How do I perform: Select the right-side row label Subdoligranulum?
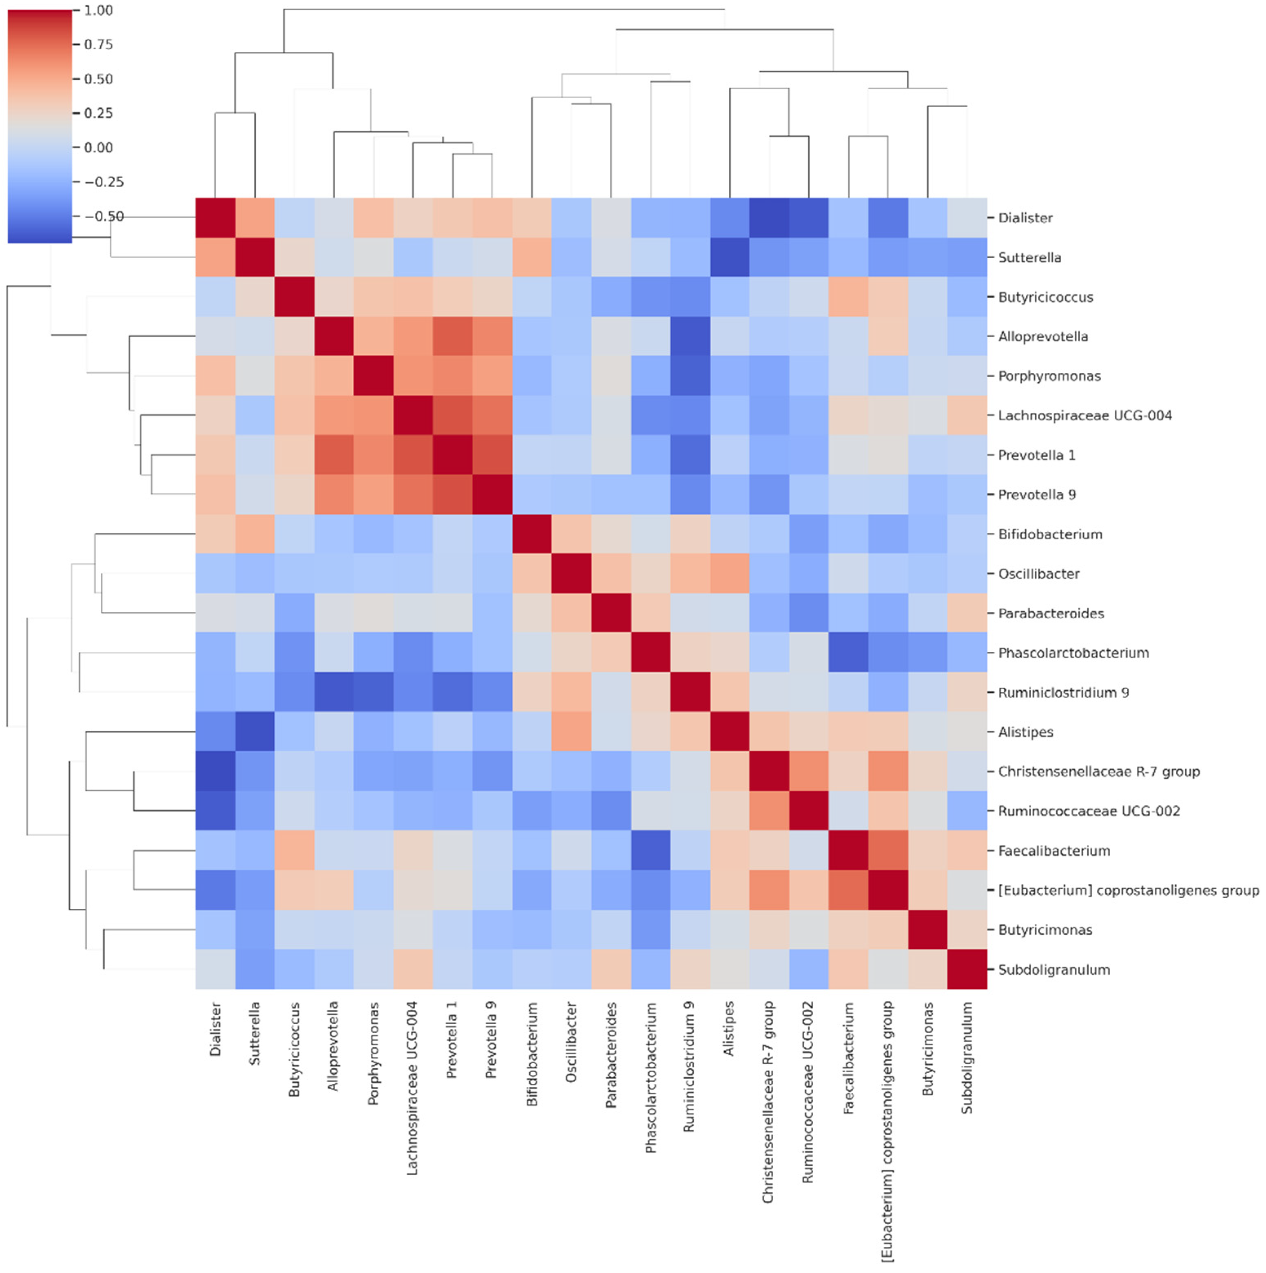pyautogui.click(x=1053, y=969)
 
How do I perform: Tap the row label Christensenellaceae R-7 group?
pyautogui.click(x=1098, y=772)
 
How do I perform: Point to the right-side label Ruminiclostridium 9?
pyautogui.click(x=1062, y=693)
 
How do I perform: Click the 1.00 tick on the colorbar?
pyautogui.click(x=98, y=11)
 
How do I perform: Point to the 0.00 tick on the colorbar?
pyautogui.click(x=98, y=148)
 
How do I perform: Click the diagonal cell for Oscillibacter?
pyautogui.click(x=571, y=573)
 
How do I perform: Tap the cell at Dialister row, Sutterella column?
pyautogui.click(x=255, y=217)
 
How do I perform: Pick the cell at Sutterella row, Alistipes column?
pyautogui.click(x=730, y=257)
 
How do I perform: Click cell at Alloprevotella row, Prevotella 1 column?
pyautogui.click(x=453, y=336)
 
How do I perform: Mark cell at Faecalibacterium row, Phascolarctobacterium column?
pyautogui.click(x=651, y=850)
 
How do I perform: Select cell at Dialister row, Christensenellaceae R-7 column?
pyautogui.click(x=769, y=217)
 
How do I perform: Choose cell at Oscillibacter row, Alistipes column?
pyautogui.click(x=730, y=573)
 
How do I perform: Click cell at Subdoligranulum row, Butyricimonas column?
pyautogui.click(x=927, y=969)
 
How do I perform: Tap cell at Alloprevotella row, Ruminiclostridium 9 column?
pyautogui.click(x=690, y=336)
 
